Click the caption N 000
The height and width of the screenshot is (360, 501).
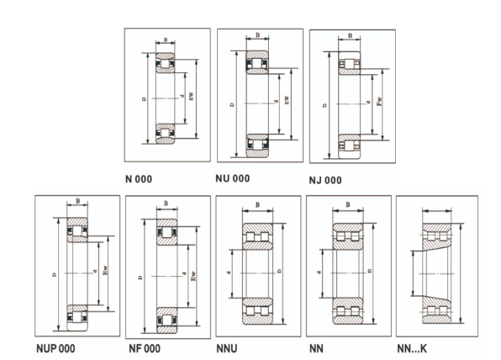[139, 179]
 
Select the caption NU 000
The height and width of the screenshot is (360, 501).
[233, 178]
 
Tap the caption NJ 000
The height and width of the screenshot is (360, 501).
[325, 180]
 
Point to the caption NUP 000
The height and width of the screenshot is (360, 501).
[56, 348]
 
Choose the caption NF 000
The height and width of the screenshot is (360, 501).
[145, 348]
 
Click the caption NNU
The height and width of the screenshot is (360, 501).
[227, 348]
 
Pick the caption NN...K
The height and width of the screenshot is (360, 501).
[412, 348]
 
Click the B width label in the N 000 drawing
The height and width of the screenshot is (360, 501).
[166, 40]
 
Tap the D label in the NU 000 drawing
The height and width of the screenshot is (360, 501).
[232, 104]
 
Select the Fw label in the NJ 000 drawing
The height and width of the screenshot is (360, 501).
[379, 102]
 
